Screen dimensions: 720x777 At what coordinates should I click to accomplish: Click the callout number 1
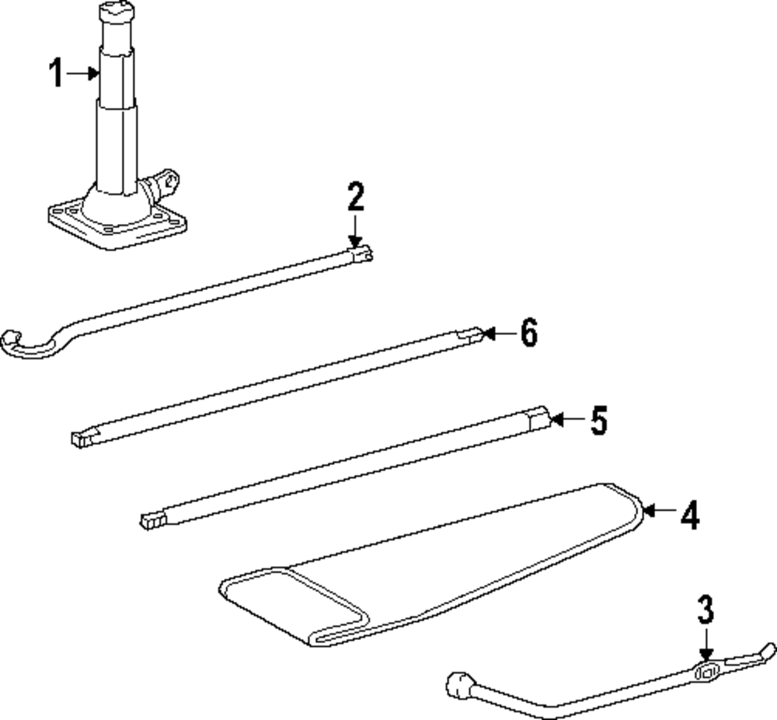point(55,74)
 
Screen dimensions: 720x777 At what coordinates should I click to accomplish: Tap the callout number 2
point(355,197)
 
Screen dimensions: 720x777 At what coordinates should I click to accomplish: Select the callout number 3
point(705,610)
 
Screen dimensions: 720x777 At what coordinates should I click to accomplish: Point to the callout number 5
point(597,421)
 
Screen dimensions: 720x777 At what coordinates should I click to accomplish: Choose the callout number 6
point(528,334)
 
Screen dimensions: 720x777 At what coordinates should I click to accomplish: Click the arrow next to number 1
point(82,74)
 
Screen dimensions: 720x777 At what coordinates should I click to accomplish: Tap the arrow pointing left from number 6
point(497,334)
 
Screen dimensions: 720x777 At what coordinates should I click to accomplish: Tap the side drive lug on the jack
point(165,183)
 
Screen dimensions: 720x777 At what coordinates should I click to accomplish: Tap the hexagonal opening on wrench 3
point(706,673)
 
